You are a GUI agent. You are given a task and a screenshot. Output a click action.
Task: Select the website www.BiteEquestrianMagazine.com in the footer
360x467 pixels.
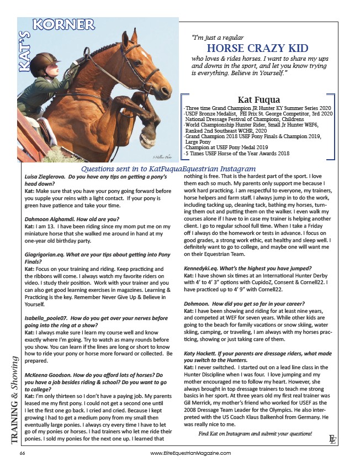point(190,453)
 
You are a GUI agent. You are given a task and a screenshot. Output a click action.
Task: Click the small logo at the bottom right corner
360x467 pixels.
point(332,439)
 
